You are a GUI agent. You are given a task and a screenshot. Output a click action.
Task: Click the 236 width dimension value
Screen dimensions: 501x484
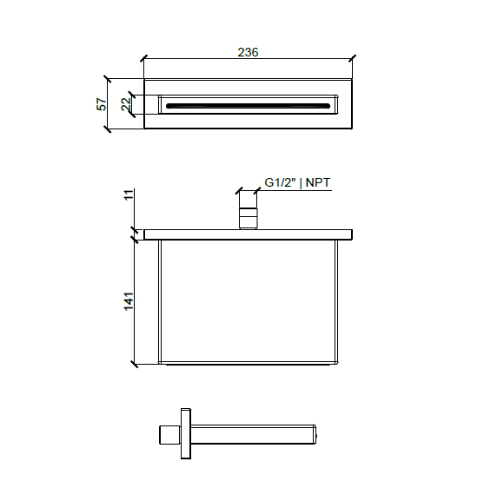tap(248, 52)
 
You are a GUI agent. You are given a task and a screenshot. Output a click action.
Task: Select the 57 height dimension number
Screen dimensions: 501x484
tap(102, 104)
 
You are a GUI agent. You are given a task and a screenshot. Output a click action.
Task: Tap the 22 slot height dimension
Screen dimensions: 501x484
tap(126, 104)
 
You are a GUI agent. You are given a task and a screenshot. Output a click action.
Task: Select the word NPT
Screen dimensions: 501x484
tap(318, 182)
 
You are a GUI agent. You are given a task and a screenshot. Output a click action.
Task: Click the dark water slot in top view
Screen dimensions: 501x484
tap(248, 105)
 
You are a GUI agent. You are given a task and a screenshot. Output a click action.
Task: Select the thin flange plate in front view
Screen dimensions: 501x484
tap(248, 234)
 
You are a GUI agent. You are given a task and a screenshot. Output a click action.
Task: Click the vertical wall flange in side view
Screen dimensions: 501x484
tap(184, 433)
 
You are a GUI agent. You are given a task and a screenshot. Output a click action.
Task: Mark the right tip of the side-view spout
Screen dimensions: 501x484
tap(317, 432)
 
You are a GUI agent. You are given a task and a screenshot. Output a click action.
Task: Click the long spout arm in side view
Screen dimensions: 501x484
tap(252, 432)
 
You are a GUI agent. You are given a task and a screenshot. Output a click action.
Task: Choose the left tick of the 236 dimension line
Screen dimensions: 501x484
tap(143, 59)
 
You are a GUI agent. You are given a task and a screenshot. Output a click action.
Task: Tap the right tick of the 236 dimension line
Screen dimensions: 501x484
tap(352, 59)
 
